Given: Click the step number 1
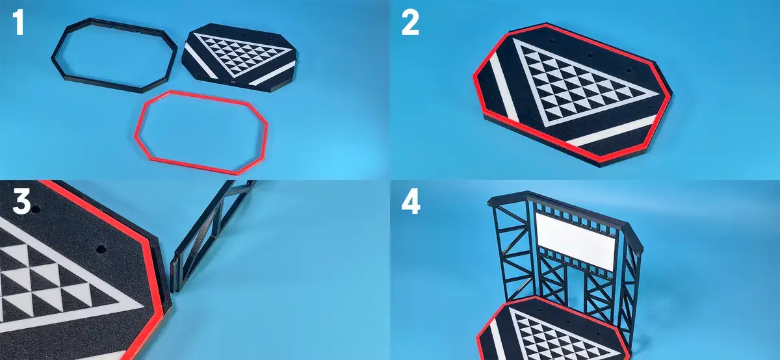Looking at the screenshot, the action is (18, 23).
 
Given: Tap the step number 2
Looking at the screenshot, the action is (410, 23).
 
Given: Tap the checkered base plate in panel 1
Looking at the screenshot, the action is (239, 58).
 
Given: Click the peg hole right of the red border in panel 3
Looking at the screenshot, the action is (101, 250).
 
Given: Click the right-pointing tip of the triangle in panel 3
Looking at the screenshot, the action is (144, 308).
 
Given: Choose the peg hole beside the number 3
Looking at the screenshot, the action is (36, 210).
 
